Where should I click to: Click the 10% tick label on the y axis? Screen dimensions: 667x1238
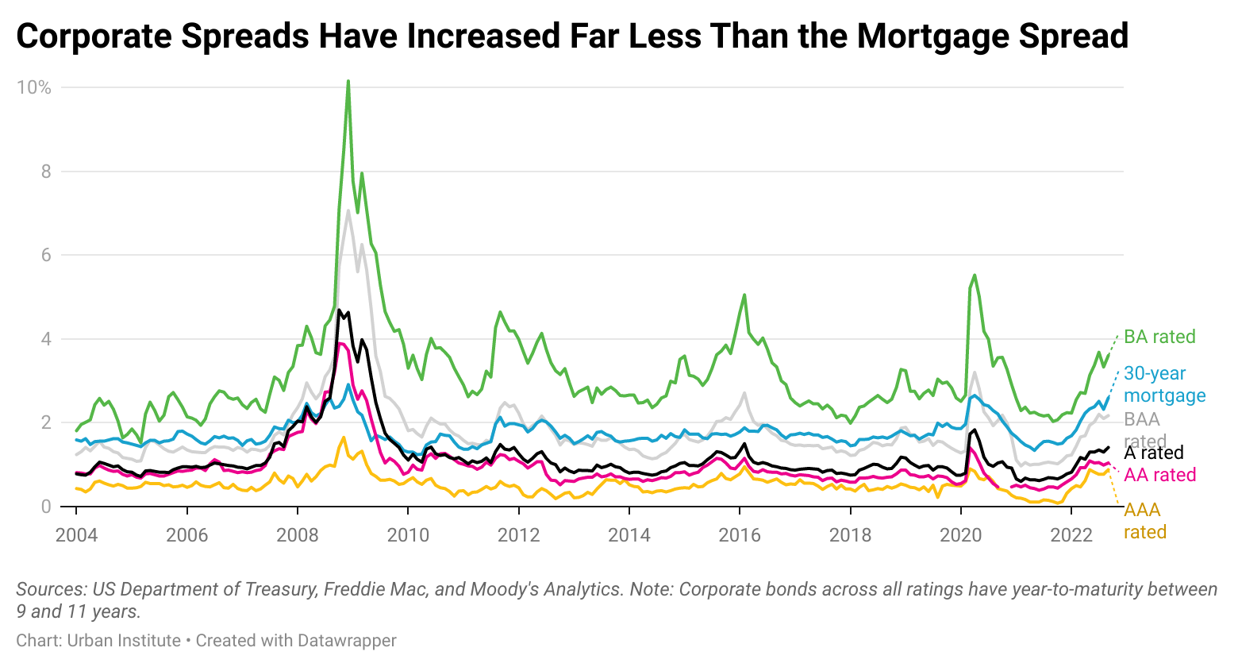34,87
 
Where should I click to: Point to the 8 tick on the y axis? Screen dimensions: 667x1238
44,172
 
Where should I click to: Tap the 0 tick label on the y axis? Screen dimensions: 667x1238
45,507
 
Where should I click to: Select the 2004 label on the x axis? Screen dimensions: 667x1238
76,534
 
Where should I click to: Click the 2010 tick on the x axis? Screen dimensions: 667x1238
408,534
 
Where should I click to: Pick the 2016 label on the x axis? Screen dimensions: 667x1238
740,534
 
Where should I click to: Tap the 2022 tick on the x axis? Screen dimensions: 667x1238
1071,534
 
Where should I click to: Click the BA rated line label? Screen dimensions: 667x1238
1159,337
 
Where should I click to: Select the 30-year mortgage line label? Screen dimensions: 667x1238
1164,384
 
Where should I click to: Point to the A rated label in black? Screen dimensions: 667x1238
1153,453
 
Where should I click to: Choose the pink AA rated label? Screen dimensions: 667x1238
1159,475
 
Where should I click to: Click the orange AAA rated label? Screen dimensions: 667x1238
1144,521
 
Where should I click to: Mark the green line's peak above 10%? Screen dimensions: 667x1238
348,81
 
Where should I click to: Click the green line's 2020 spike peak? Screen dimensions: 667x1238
975,275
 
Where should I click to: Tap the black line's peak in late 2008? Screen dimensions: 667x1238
339,310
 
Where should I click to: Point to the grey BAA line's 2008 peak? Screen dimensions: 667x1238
348,210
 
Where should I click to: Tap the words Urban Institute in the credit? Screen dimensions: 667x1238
124,640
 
